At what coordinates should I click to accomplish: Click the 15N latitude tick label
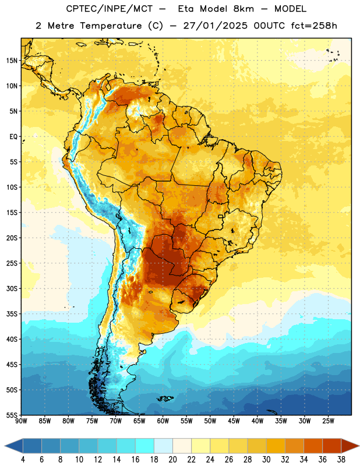pyautogui.click(x=12, y=61)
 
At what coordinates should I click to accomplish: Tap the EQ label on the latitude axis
pyautogui.click(x=13, y=137)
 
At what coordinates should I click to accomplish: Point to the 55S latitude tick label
pyautogui.click(x=12, y=415)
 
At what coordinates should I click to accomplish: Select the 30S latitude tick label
pyautogui.click(x=12, y=288)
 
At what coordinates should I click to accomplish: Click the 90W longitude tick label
pyautogui.click(x=21, y=421)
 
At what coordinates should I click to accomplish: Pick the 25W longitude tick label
pyautogui.click(x=328, y=421)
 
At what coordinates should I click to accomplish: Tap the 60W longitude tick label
pyautogui.click(x=163, y=421)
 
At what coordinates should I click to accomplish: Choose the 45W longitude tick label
pyautogui.click(x=234, y=421)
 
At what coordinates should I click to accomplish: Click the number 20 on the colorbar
pyautogui.click(x=172, y=460)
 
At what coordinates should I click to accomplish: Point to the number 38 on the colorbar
pyautogui.click(x=341, y=460)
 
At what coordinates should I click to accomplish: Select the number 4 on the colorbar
pyautogui.click(x=23, y=460)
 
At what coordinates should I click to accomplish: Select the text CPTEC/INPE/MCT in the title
pyautogui.click(x=110, y=9)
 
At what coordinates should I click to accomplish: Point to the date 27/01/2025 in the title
pyautogui.click(x=215, y=26)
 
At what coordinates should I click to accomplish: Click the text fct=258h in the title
pyautogui.click(x=314, y=26)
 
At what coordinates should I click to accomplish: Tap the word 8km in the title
pyautogui.click(x=243, y=9)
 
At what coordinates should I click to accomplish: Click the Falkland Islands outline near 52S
pyautogui.click(x=165, y=398)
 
